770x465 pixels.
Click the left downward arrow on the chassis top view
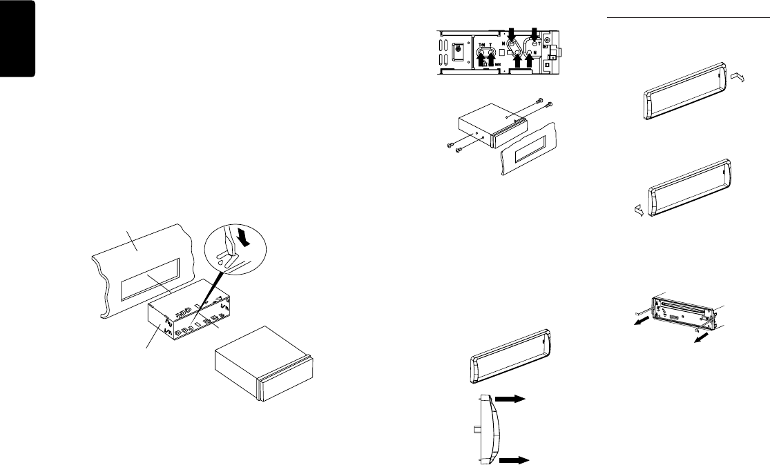coord(512,34)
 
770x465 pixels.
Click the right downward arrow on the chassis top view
coord(535,34)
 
